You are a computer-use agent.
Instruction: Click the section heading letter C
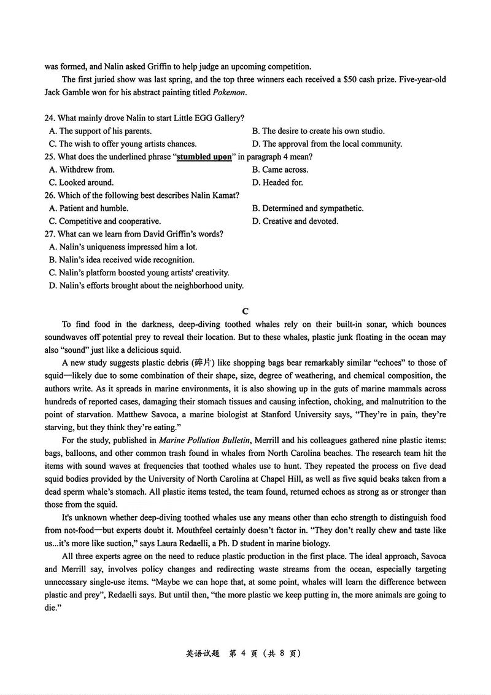[x=245, y=312]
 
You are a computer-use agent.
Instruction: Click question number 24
[x=50, y=118]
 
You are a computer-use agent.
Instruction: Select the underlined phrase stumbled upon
[x=204, y=157]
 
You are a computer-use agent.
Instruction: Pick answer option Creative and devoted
[x=295, y=221]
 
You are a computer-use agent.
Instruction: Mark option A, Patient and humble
[x=88, y=208]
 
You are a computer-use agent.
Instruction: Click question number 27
[x=50, y=234]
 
